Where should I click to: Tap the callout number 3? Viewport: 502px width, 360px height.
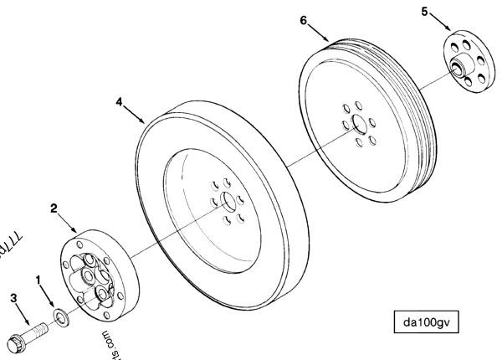(x=13, y=296)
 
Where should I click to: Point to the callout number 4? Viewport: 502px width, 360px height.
(x=120, y=104)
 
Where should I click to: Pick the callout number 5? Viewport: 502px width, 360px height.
(x=425, y=12)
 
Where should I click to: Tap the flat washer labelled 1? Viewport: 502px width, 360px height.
(x=61, y=316)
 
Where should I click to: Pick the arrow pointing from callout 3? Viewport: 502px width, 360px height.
(x=24, y=314)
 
